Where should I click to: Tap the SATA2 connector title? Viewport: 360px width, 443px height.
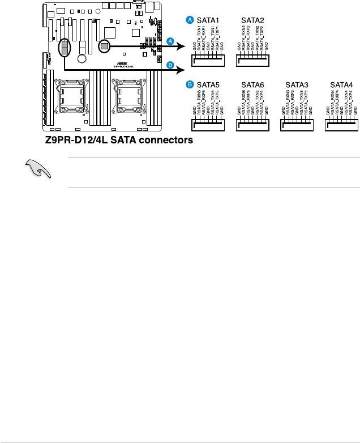point(253,20)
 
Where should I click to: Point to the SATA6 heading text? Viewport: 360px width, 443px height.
point(253,85)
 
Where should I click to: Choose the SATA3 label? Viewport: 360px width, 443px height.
point(297,85)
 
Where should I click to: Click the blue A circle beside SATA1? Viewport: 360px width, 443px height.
point(190,20)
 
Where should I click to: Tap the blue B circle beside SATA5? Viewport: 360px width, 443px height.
point(190,85)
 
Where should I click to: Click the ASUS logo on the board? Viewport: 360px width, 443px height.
point(119,63)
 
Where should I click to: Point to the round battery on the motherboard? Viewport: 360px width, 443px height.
point(83,58)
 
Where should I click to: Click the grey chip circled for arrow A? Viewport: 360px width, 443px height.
point(105,45)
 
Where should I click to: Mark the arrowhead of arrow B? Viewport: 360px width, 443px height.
point(182,70)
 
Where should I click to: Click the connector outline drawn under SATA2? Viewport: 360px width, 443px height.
point(253,59)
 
